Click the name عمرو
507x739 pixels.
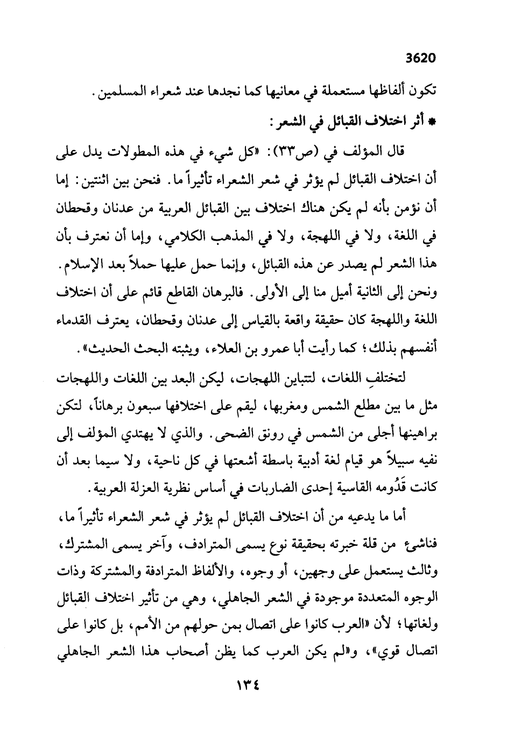tap(240, 348)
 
